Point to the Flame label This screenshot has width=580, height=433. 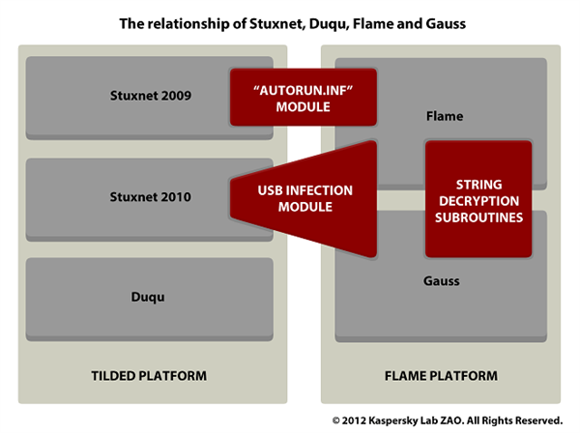[445, 116]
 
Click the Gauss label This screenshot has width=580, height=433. [442, 280]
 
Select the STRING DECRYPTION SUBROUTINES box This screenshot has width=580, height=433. [479, 199]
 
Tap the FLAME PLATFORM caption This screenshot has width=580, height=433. [440, 374]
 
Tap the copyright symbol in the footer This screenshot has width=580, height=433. [336, 420]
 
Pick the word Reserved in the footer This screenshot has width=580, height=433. [536, 420]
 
